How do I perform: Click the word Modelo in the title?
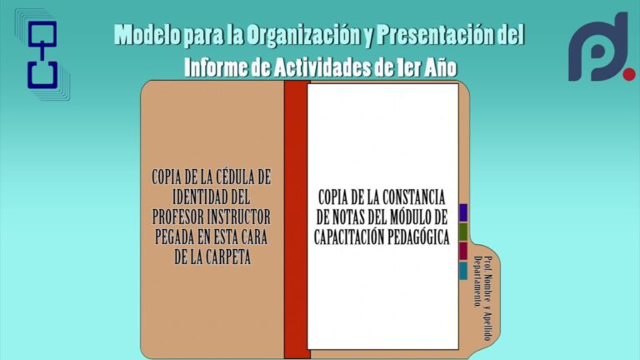click(x=147, y=34)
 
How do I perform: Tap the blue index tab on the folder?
click(x=463, y=213)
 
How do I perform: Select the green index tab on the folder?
click(x=463, y=232)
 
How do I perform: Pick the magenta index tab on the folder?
click(x=463, y=251)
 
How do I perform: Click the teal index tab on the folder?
click(x=463, y=270)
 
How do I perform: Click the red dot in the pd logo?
click(x=629, y=74)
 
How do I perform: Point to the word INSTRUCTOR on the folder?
click(x=239, y=217)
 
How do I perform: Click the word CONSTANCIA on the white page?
click(x=412, y=197)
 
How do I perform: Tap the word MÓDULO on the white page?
click(x=404, y=217)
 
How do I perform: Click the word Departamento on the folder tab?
click(x=477, y=281)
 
